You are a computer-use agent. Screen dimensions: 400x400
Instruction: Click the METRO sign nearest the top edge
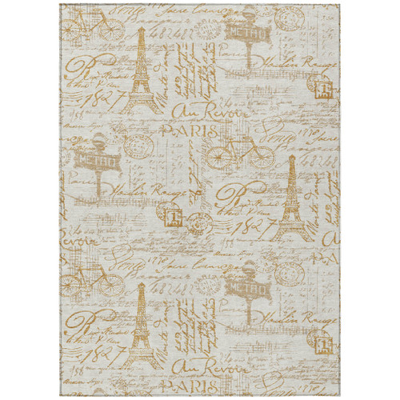coord(238,34)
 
